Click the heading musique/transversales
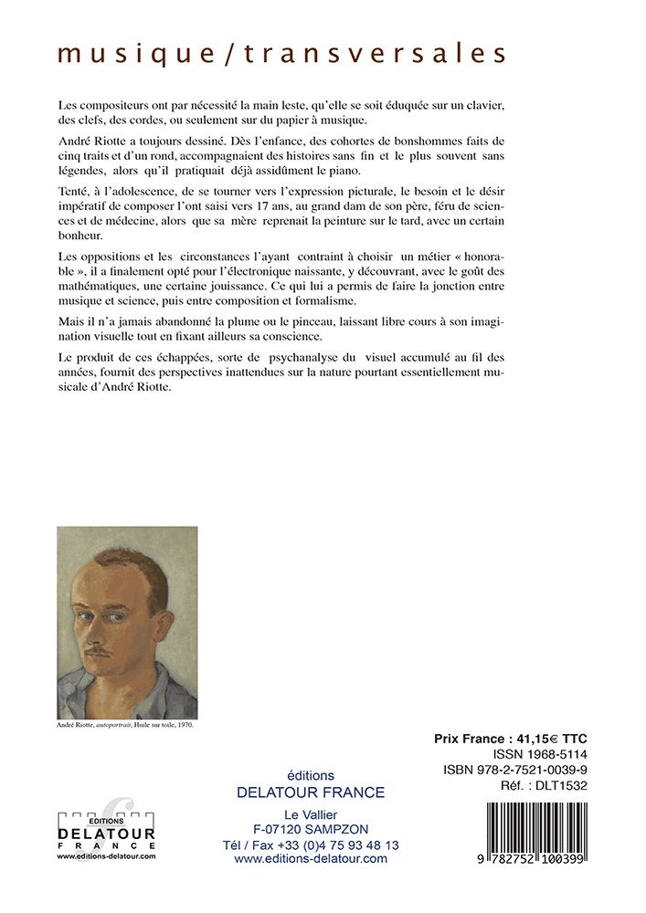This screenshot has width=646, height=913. pyautogui.click(x=281, y=54)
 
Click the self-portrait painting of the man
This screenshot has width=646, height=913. pyautogui.click(x=127, y=623)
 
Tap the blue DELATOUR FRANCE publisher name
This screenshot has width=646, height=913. pyautogui.click(x=311, y=792)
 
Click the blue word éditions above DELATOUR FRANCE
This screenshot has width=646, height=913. pyautogui.click(x=311, y=775)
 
